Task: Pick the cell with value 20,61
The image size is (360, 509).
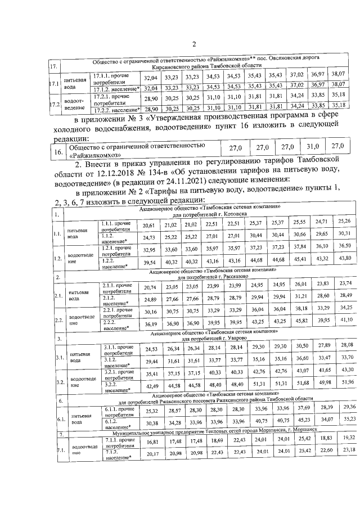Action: point(149,225)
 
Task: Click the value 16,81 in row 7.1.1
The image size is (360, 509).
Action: point(149,458)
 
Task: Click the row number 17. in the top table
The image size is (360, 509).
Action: point(54,68)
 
